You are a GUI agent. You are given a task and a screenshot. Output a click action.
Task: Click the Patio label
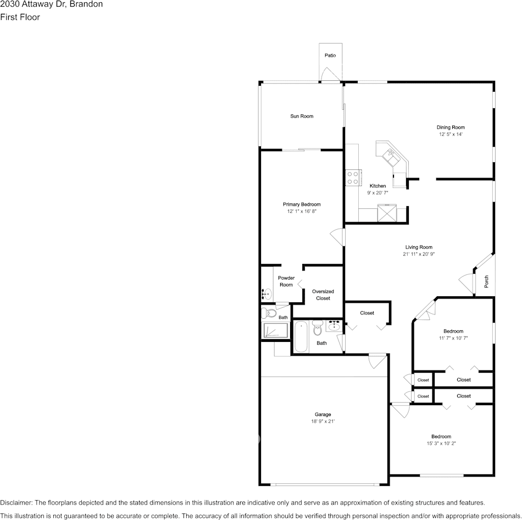[x=330, y=56]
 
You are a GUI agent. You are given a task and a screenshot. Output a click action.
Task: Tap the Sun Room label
[x=302, y=116]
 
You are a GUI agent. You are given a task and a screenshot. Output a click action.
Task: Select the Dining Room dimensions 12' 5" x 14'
[x=451, y=134]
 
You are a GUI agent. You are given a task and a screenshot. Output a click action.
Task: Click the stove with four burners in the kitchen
[x=352, y=178]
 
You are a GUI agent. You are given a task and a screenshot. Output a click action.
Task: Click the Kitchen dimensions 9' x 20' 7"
[x=377, y=193]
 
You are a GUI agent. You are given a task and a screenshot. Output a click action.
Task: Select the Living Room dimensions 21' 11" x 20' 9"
[x=419, y=254]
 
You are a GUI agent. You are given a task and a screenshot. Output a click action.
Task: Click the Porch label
[x=486, y=281]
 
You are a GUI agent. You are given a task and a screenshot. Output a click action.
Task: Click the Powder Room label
[x=286, y=281]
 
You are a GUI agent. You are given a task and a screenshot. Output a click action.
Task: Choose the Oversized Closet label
[x=323, y=295]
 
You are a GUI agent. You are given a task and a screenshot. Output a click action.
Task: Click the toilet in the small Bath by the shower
[x=269, y=314]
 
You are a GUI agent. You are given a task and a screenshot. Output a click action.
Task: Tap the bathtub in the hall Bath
[x=301, y=337]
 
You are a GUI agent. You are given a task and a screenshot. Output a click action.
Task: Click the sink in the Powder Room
[x=266, y=294]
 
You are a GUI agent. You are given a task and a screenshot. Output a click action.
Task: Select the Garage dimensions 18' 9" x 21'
[x=323, y=422]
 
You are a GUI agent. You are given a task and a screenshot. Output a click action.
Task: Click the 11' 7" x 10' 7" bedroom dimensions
[x=453, y=338]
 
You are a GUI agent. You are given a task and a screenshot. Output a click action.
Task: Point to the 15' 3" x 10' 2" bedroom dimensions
[x=441, y=443]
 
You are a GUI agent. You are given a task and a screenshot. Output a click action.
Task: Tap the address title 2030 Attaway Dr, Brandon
[x=51, y=4]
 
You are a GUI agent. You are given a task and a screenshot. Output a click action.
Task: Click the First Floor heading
[x=20, y=17]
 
